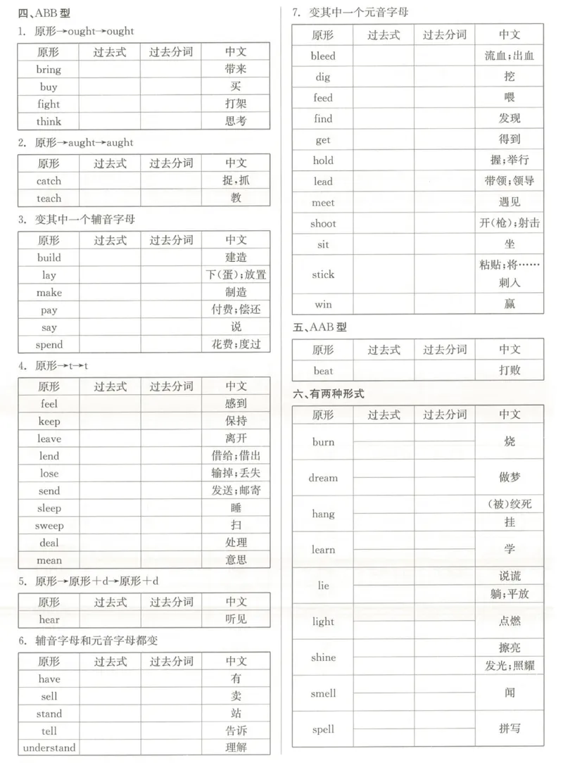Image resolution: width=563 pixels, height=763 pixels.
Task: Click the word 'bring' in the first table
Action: tap(49, 70)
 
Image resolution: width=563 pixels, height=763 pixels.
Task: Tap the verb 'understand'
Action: tap(49, 748)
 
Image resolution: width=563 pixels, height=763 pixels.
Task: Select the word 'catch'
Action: tap(49, 181)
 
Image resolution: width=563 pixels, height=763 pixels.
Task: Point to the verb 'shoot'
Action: tap(323, 224)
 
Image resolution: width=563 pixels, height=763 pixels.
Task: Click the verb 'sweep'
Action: tap(49, 526)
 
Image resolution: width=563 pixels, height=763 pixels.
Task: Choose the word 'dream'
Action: tap(323, 478)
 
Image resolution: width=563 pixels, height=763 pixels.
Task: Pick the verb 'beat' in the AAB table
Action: tap(323, 371)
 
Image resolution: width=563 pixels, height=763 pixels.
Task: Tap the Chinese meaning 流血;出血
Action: tap(510, 56)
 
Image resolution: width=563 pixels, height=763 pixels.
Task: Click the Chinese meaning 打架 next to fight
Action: tap(236, 104)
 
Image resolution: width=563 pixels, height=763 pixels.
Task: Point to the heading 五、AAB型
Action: tap(320, 327)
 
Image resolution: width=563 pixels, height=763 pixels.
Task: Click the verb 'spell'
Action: tap(323, 729)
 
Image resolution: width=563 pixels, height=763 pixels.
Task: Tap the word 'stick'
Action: tap(323, 275)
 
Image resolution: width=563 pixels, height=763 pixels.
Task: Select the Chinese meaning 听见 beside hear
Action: tap(236, 619)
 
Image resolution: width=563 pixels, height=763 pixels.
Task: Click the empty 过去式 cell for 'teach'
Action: tap(110, 198)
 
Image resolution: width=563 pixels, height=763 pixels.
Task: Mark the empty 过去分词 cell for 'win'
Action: tap(444, 305)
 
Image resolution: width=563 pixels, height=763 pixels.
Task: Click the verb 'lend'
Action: tap(49, 456)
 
